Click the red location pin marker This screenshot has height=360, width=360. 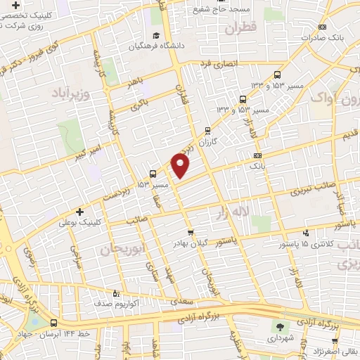point(181,166)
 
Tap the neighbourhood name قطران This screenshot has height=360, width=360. point(243,30)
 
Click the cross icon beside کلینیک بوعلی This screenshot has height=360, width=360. point(79,212)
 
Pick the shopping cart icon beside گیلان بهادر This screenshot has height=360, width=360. point(189,232)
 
